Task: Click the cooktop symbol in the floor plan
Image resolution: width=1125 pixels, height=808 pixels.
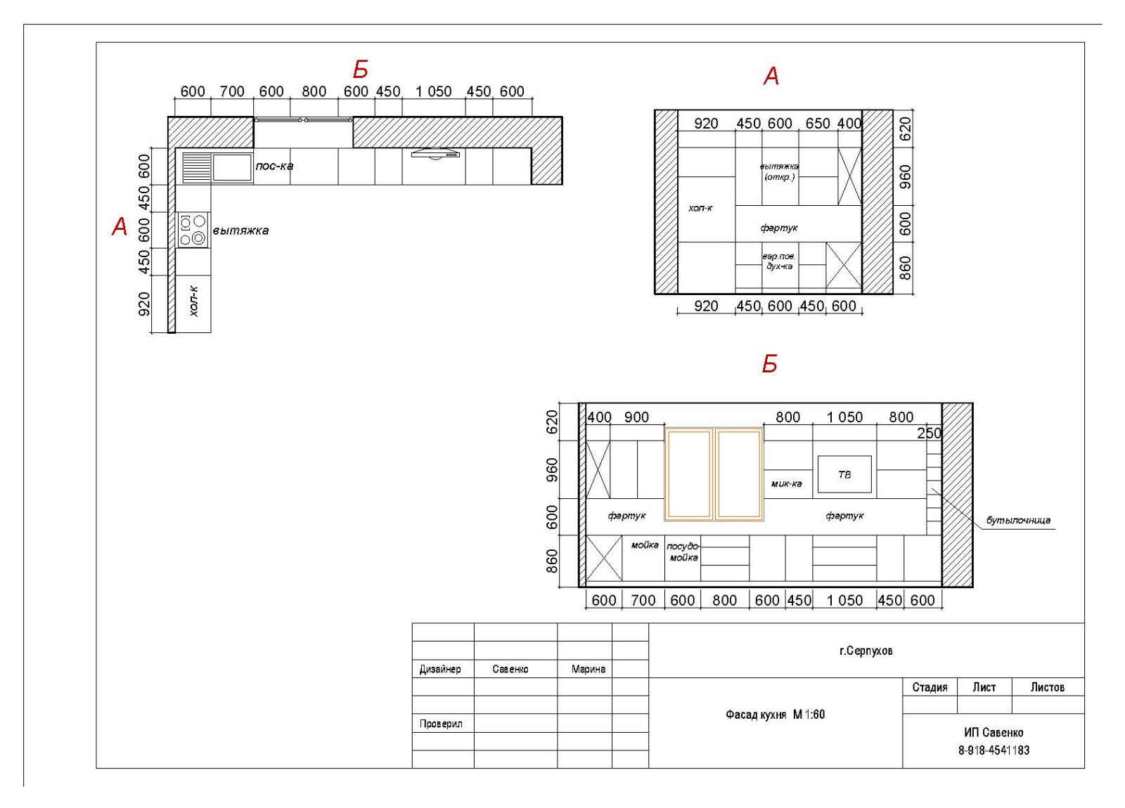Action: (193, 230)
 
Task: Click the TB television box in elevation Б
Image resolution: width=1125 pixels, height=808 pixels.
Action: (844, 474)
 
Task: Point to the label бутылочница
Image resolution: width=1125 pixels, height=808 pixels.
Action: (1018, 521)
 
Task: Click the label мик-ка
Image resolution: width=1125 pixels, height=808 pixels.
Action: (787, 484)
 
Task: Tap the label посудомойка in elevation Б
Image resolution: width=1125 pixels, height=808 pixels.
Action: (683, 552)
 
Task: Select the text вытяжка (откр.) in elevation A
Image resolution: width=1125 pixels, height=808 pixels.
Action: (779, 171)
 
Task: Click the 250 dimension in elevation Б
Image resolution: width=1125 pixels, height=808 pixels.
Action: (929, 433)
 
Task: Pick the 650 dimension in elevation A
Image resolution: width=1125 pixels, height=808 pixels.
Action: (818, 124)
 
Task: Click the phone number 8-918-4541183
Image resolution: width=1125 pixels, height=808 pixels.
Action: (994, 750)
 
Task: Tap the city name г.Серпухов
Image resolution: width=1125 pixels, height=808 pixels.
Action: (866, 651)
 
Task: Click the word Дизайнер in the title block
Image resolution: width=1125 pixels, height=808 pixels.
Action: (440, 669)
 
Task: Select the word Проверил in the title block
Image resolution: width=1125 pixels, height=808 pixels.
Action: (440, 724)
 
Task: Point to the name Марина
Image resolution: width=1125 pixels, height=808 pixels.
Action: (588, 669)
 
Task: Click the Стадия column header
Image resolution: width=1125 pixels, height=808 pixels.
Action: (930, 687)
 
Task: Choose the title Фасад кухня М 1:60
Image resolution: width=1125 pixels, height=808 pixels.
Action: (775, 714)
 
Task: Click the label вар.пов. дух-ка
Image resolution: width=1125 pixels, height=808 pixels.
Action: (780, 261)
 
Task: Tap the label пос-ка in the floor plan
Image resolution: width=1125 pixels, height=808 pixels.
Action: (274, 166)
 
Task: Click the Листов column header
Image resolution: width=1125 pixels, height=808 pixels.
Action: (1047, 687)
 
